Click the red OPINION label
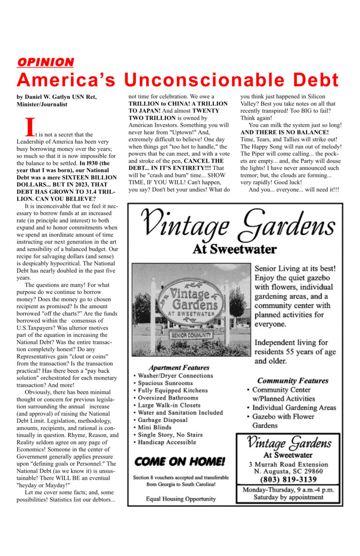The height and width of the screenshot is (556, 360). point(45,62)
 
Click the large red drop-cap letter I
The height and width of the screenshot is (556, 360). point(30,127)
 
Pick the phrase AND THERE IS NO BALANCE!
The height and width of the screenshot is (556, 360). point(285,133)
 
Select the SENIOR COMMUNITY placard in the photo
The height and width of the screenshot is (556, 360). point(191,335)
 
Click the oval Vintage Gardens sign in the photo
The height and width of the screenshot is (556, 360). point(190,302)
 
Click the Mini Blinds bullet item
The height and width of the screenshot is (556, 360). point(156,428)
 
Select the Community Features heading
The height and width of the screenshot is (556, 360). point(292,381)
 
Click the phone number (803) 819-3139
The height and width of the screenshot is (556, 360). point(288,480)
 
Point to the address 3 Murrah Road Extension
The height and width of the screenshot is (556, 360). point(288,464)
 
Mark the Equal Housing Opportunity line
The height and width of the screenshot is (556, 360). point(181,499)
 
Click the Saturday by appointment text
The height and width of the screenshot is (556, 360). point(288,497)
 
